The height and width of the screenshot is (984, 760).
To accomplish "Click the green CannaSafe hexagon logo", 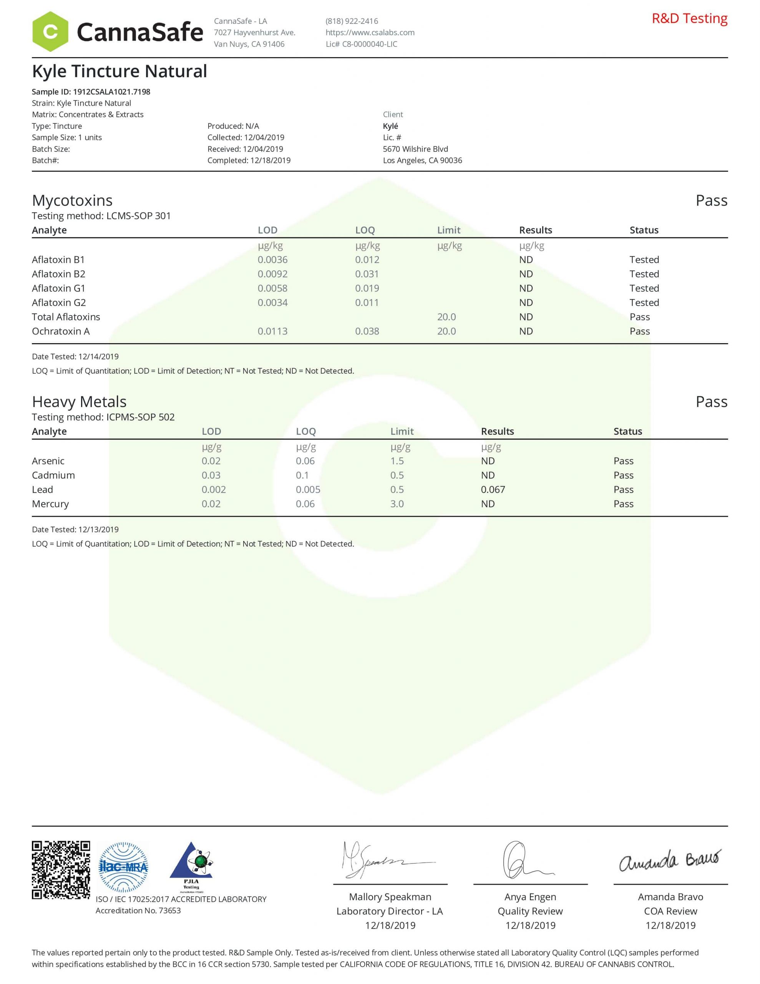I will click(50, 32).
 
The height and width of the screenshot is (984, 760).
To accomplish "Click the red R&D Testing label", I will click(689, 18).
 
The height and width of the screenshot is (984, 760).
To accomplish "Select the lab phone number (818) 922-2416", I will click(352, 21).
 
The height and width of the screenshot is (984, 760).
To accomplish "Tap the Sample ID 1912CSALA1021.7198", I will click(91, 91).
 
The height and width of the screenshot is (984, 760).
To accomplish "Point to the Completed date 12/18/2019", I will click(249, 160).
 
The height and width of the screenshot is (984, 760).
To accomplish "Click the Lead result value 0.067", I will click(493, 489).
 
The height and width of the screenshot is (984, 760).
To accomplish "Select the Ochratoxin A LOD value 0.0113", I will click(272, 331).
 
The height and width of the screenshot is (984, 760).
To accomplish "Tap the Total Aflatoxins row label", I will click(66, 317).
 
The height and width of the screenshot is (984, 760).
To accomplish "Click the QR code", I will click(61, 869).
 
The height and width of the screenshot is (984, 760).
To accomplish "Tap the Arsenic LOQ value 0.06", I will click(305, 461).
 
